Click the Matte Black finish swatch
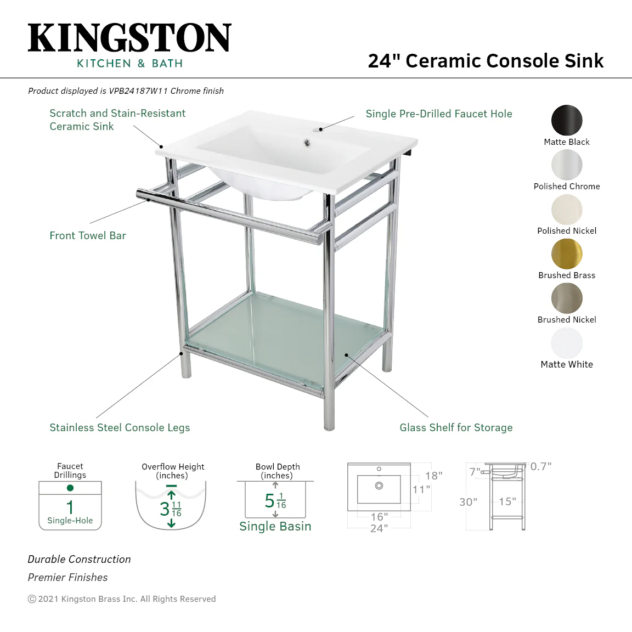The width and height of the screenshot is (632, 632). point(567,120)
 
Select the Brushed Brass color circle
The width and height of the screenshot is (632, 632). point(567,253)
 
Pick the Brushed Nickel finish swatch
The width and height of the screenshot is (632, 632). point(567,298)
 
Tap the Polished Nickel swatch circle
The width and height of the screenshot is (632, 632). point(567,210)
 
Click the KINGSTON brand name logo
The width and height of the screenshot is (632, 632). point(129,37)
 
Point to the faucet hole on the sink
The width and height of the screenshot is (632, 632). point(321,129)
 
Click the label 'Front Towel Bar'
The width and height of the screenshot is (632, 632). point(88,235)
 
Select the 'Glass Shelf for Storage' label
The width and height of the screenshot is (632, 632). point(456,427)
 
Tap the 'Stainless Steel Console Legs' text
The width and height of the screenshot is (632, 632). point(120,428)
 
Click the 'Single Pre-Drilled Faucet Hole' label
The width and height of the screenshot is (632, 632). point(439,114)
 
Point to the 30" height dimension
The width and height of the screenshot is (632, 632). point(469,502)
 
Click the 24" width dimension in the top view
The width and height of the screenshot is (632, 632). point(379,528)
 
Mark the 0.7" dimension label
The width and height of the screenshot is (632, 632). point(541,466)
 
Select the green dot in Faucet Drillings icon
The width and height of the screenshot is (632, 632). point(70,488)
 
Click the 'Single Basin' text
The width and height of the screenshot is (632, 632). point(275,527)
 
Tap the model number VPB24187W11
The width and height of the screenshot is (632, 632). point(138,91)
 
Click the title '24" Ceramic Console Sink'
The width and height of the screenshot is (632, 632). point(486,61)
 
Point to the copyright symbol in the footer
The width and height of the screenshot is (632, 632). point(32,599)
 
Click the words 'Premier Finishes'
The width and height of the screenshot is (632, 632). point(67,577)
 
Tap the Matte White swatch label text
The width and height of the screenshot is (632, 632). point(567,364)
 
